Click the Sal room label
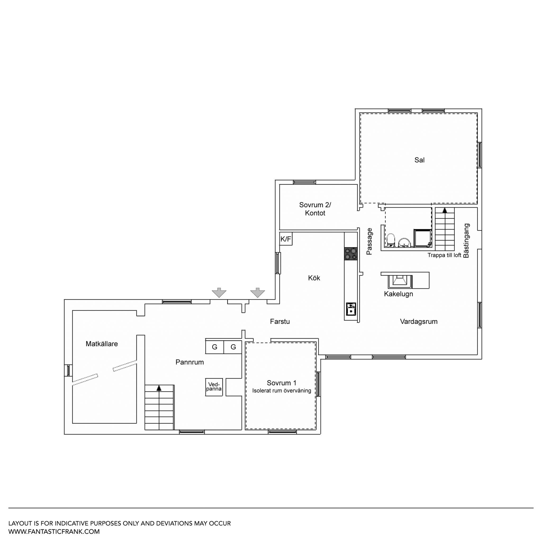[x=419, y=160]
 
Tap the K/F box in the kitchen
[x=286, y=239]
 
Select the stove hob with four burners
[x=351, y=254]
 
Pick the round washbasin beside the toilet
[x=404, y=243]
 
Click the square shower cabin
[x=422, y=238]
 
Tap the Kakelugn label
[x=398, y=294]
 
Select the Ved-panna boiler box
[x=214, y=387]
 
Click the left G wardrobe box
[x=215, y=347]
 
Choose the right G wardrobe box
[x=233, y=347]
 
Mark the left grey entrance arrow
[x=219, y=293]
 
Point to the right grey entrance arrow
[x=258, y=293]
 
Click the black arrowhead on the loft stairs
[x=445, y=210]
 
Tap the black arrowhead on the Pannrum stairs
[x=159, y=388]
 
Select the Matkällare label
[x=102, y=344]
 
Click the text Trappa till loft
[x=444, y=255]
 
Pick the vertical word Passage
[x=369, y=241]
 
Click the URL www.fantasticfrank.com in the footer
[x=54, y=531]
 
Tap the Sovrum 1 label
[x=282, y=383]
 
